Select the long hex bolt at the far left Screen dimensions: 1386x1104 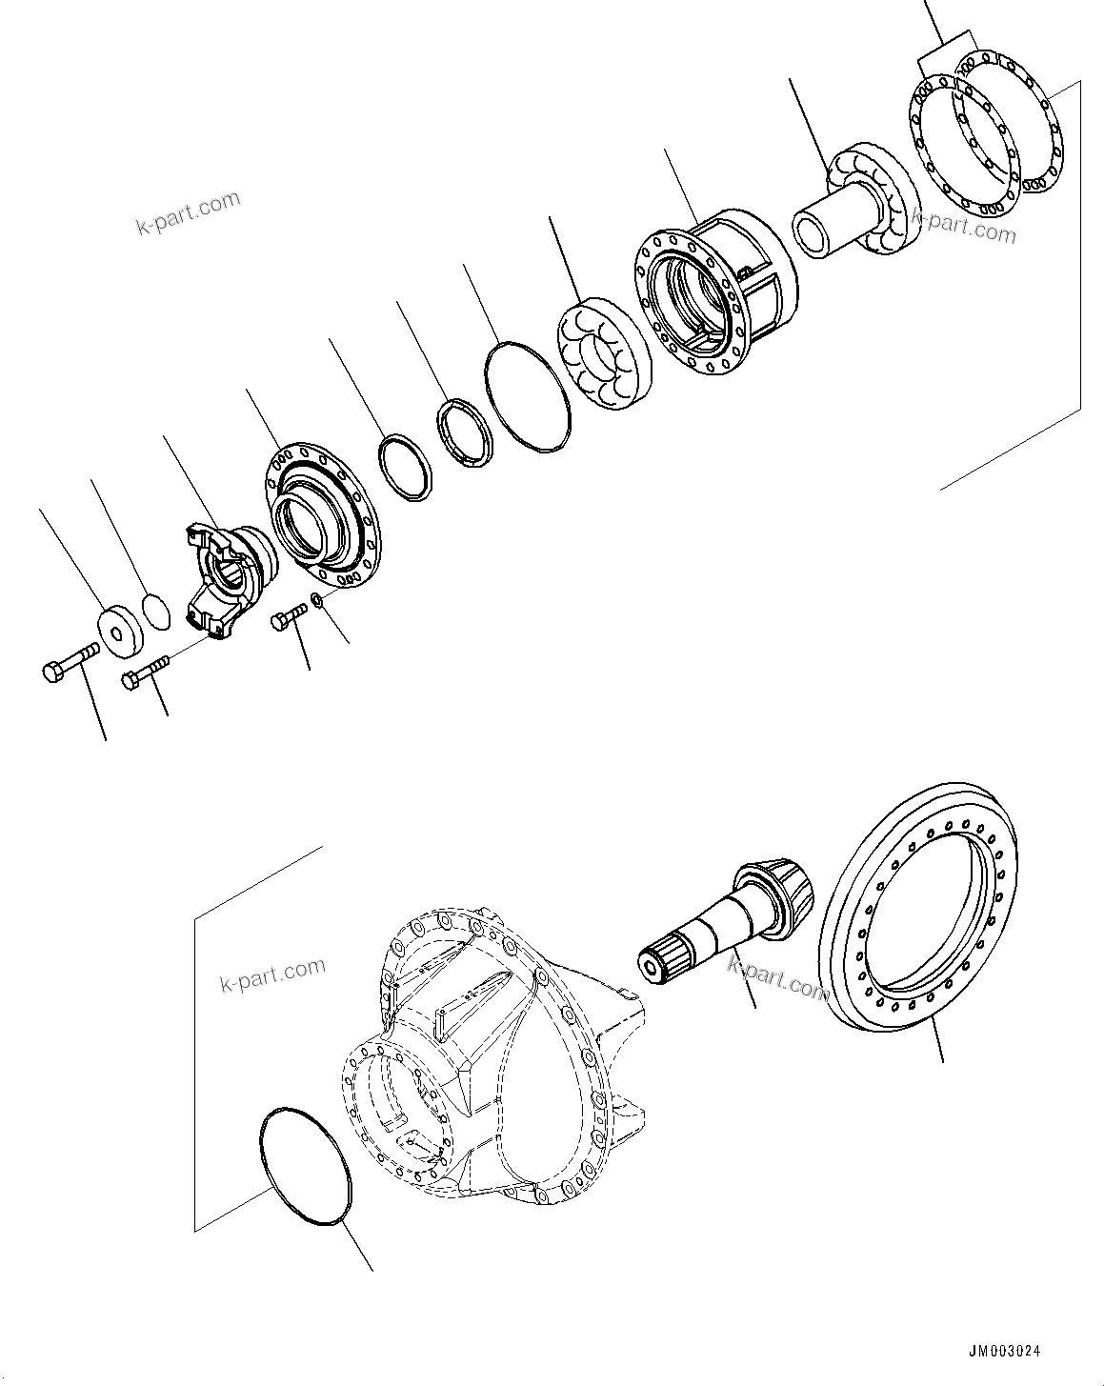[70, 662]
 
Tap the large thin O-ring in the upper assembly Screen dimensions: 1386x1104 [528, 397]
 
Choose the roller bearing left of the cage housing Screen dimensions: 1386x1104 [602, 353]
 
